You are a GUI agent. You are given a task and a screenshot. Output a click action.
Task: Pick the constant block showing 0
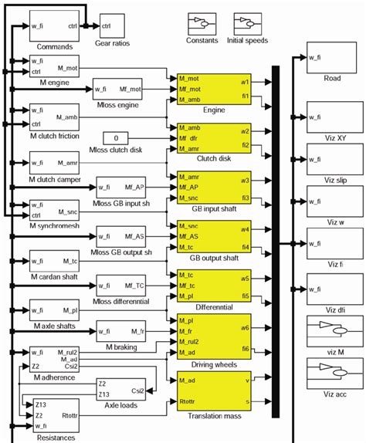click(116, 137)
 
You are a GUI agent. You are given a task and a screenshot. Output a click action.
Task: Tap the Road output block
click(331, 63)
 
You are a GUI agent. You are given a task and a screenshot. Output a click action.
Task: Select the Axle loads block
click(120, 388)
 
